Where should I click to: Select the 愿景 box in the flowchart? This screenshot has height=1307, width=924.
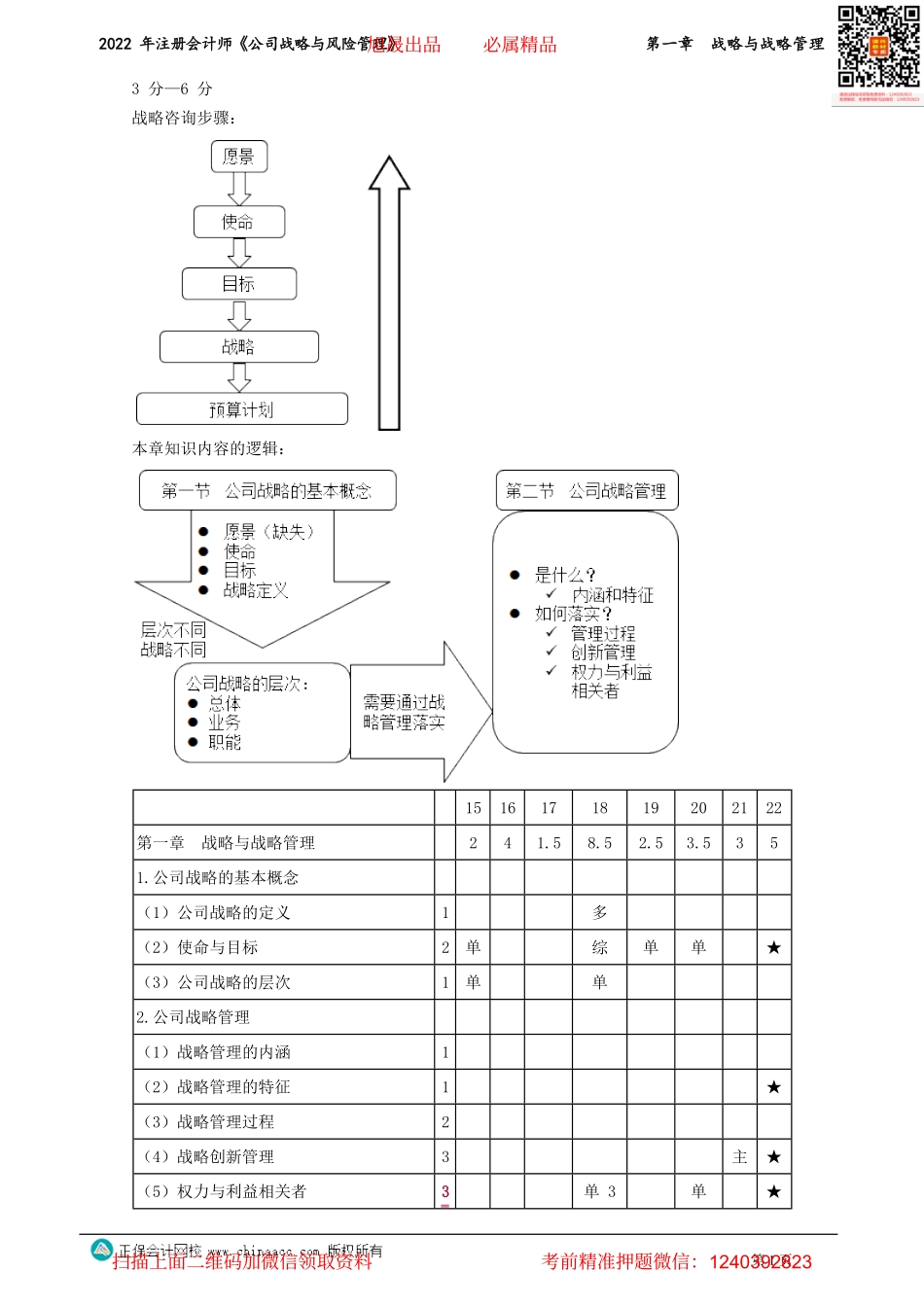point(239,157)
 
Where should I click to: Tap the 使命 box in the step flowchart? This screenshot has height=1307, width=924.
point(239,222)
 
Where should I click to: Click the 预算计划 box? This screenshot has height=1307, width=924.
point(242,409)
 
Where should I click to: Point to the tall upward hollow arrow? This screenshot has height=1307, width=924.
point(389,292)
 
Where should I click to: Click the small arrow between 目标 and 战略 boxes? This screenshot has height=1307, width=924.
point(239,315)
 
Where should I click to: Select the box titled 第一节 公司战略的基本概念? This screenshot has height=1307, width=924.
point(267,491)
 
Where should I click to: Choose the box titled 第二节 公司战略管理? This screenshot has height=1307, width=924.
point(586,491)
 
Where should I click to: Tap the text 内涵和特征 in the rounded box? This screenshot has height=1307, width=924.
point(613,595)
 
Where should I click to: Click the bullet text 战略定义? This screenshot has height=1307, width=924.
point(256,590)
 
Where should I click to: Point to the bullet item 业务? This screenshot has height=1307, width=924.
point(225,723)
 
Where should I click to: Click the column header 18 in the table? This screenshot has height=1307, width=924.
point(600,808)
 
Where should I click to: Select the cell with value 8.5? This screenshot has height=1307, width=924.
point(600,843)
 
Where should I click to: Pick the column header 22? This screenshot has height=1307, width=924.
point(774,808)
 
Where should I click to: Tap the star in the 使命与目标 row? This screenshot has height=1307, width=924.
point(774,947)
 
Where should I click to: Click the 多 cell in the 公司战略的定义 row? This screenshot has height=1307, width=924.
point(600,912)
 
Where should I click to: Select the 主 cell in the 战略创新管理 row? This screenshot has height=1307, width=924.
point(740,1156)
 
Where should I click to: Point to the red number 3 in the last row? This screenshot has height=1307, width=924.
point(445,1191)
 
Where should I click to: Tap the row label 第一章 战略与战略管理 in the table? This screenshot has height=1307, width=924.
point(226,843)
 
